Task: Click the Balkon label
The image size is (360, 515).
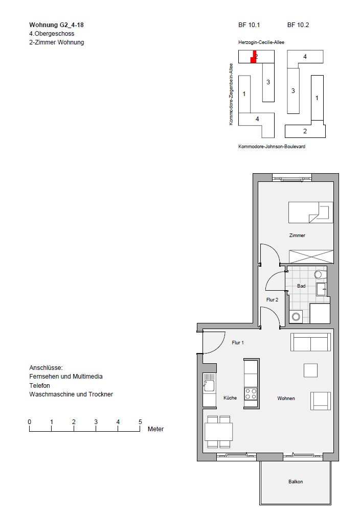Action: click(x=296, y=481)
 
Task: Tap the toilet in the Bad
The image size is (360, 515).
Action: click(x=320, y=274)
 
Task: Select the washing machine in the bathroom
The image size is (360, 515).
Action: click(x=296, y=317)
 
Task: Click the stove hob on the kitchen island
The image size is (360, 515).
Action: click(x=251, y=393)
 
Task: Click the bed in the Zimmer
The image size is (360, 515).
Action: click(x=311, y=212)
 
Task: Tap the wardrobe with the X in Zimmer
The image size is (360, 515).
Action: click(x=311, y=256)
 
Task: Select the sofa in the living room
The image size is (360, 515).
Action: click(x=311, y=342)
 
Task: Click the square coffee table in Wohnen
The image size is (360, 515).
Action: click(x=311, y=370)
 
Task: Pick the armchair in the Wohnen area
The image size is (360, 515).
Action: click(x=321, y=401)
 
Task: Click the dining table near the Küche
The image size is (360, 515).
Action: click(x=219, y=432)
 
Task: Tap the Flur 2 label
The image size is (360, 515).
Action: click(x=272, y=299)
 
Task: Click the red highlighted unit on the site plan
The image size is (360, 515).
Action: click(x=253, y=57)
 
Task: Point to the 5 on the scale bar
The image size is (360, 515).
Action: click(x=140, y=422)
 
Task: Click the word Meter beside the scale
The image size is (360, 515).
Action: click(x=155, y=429)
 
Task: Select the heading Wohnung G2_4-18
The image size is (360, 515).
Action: click(x=56, y=25)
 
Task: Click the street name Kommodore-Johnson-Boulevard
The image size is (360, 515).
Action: click(x=272, y=147)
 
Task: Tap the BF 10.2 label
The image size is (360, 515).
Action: click(x=298, y=25)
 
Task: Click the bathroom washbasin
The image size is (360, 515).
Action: click(x=322, y=289)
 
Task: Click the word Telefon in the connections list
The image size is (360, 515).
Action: click(x=39, y=385)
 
